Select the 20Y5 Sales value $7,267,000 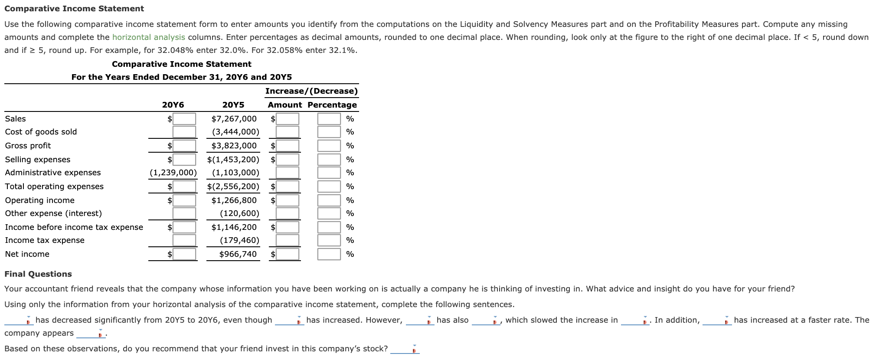pyautogui.click(x=234, y=119)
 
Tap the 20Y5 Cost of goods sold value pyautogui.click(x=235, y=132)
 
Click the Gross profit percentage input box pyautogui.click(x=329, y=146)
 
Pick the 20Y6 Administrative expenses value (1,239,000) pyautogui.click(x=173, y=173)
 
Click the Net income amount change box pyautogui.click(x=288, y=254)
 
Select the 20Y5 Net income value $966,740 pyautogui.click(x=238, y=254)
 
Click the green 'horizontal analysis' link pyautogui.click(x=148, y=37)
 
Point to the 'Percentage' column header pyautogui.click(x=332, y=105)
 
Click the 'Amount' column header pyautogui.click(x=284, y=105)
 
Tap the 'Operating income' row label pyautogui.click(x=40, y=200)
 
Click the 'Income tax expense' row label pyautogui.click(x=45, y=240)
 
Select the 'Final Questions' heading pyautogui.click(x=38, y=274)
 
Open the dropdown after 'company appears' pyautogui.click(x=92, y=334)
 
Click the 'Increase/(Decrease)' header pyautogui.click(x=311, y=91)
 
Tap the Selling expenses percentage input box pyautogui.click(x=329, y=160)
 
